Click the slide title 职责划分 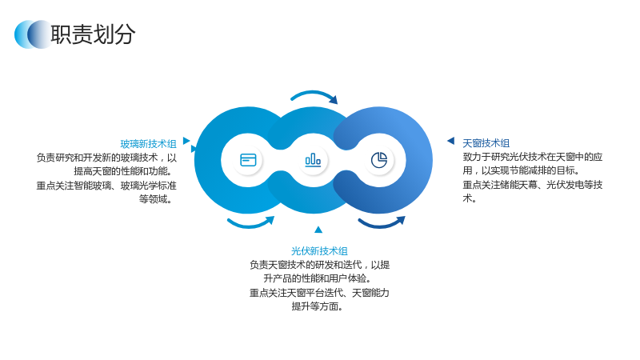click(93, 34)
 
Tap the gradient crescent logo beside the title click(33, 34)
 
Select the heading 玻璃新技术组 click(148, 144)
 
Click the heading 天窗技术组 click(486, 143)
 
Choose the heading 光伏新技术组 click(319, 251)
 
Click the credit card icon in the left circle click(248, 160)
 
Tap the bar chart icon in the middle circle click(313, 159)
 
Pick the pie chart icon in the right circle click(379, 159)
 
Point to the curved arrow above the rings click(314, 93)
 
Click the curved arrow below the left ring click(250, 225)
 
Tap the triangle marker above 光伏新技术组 click(318, 230)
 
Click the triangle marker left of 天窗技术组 click(451, 141)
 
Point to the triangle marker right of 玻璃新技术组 click(186, 141)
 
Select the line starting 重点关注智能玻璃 click(106, 186)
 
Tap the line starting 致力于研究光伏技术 click(533, 157)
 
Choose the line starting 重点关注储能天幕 click(533, 185)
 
